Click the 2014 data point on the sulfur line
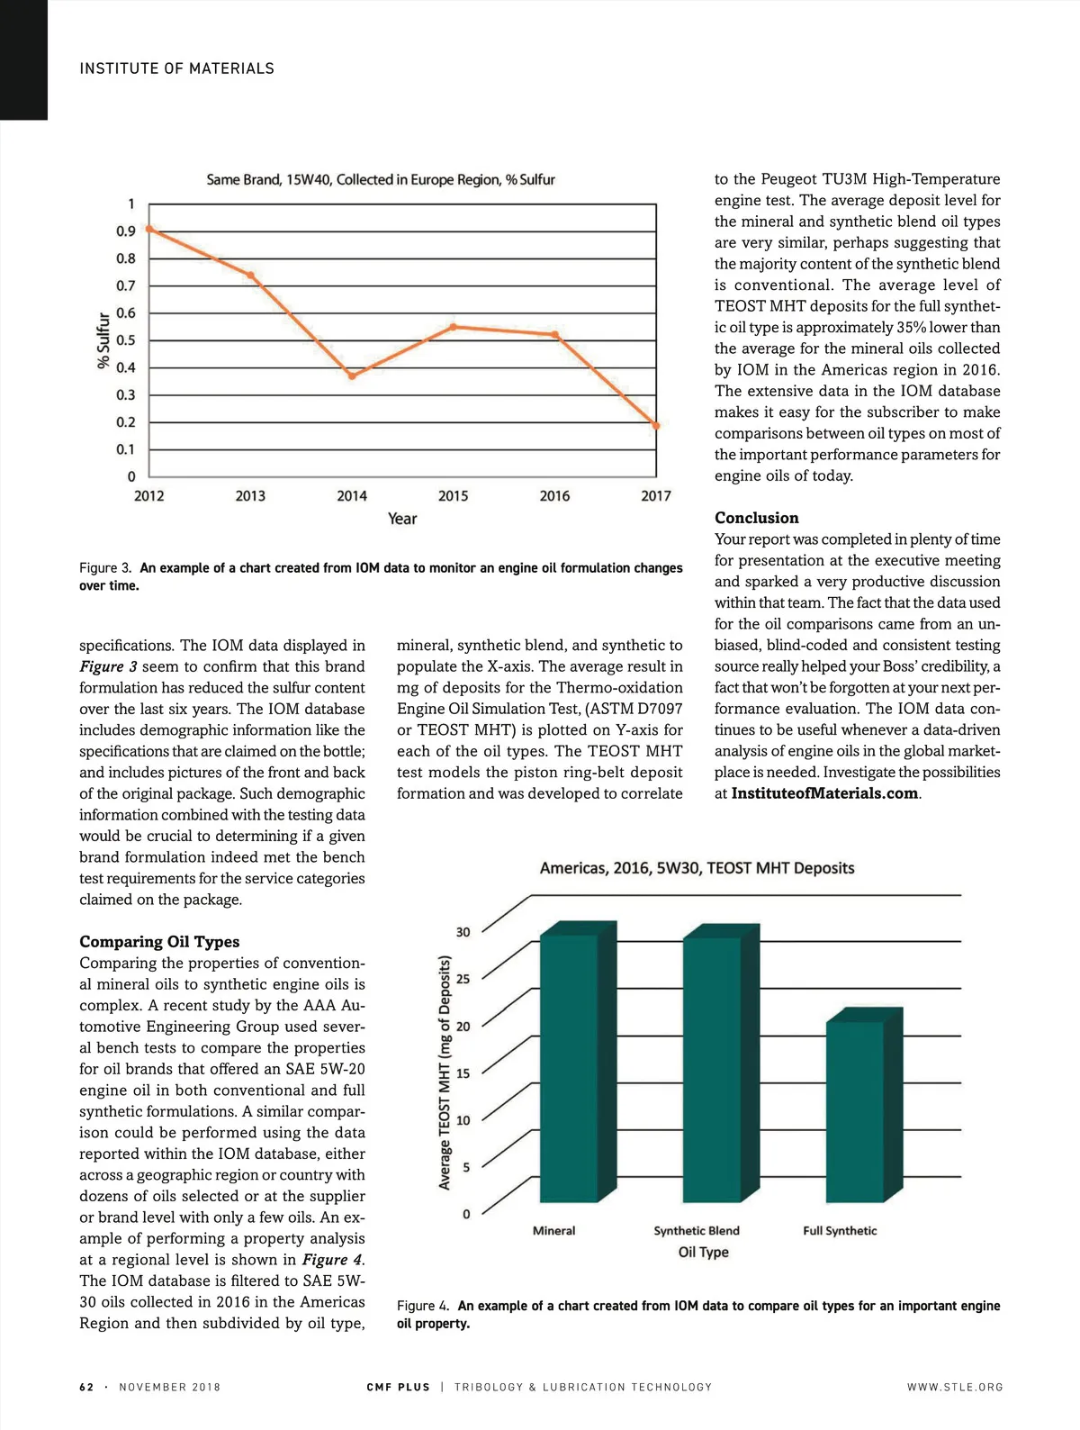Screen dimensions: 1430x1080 (352, 376)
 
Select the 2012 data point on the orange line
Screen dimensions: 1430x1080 (149, 229)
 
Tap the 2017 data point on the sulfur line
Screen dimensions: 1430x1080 (656, 426)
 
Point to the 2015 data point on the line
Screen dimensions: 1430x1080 (454, 326)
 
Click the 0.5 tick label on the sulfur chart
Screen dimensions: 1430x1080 (126, 340)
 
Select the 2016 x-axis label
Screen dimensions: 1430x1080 (554, 496)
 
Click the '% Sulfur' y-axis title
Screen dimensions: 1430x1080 (103, 340)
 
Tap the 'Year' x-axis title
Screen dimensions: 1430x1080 (402, 519)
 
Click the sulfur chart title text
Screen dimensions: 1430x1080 (381, 180)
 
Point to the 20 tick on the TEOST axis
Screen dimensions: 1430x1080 (463, 1026)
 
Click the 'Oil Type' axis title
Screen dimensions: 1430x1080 (704, 1252)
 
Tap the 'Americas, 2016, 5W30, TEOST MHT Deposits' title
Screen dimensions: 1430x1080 (697, 868)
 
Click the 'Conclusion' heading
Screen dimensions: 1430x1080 (757, 518)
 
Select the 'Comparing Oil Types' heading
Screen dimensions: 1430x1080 (159, 941)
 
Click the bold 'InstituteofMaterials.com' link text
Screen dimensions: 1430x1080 (824, 793)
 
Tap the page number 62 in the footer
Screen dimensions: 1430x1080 (86, 1387)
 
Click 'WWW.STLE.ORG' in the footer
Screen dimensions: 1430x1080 (955, 1387)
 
